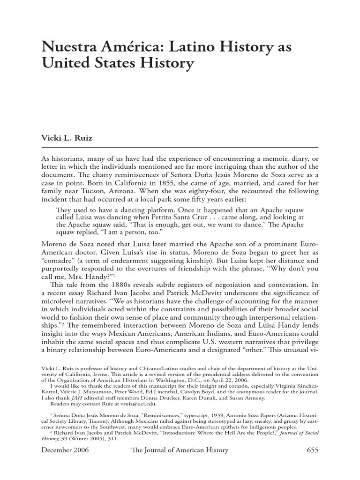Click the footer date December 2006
click(65, 450)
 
